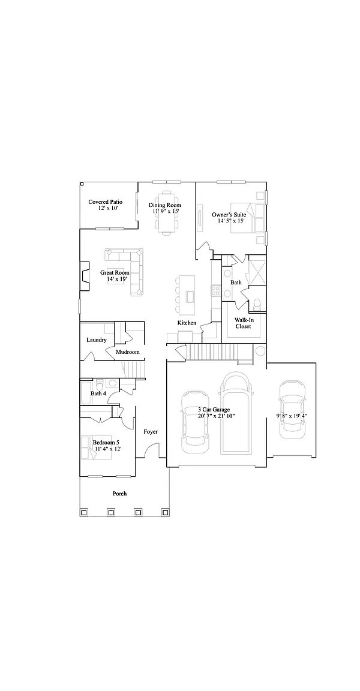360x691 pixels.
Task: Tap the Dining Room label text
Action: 165,205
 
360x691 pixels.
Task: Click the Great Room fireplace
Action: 84,276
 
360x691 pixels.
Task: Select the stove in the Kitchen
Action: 217,291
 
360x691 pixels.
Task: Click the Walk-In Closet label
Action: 243,323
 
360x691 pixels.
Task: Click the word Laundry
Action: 97,340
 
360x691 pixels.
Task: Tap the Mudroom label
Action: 127,351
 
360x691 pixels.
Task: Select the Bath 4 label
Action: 98,393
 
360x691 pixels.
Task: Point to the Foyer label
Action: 151,432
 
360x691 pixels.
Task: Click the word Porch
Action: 119,494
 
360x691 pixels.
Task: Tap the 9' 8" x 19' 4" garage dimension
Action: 292,416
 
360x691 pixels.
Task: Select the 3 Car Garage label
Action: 214,410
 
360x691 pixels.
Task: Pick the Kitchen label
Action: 187,323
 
